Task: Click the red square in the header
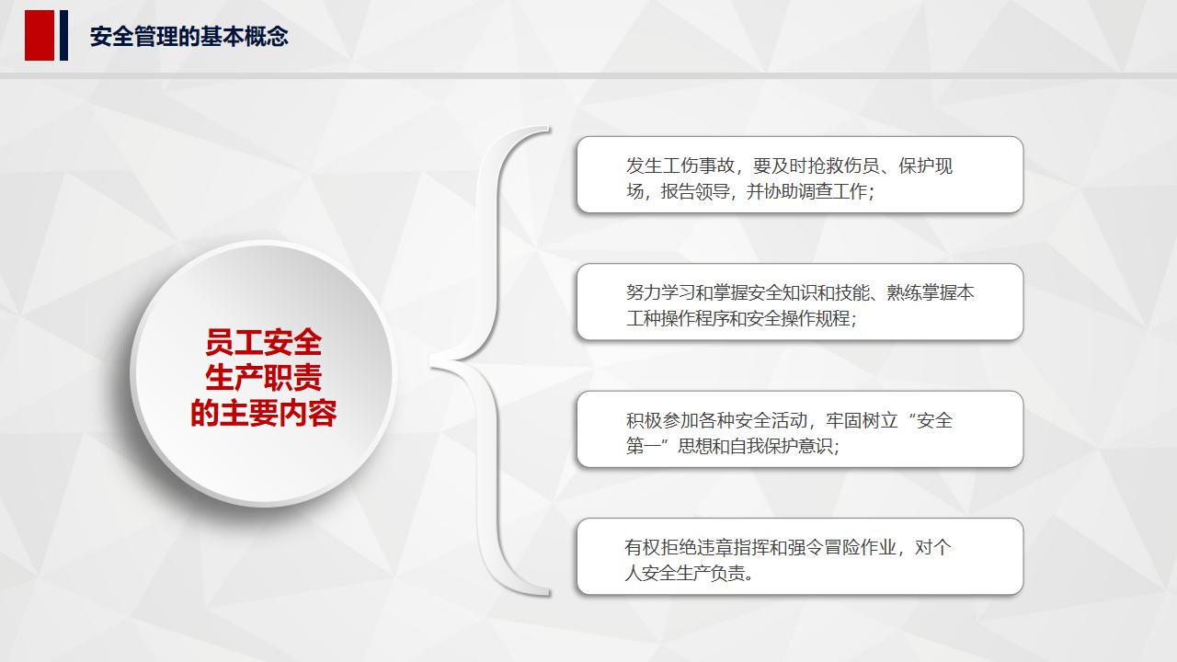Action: pyautogui.click(x=40, y=36)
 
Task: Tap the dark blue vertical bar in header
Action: pyautogui.click(x=64, y=36)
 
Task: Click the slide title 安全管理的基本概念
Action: pyautogui.click(x=189, y=37)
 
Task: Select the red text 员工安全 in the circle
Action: pyautogui.click(x=263, y=343)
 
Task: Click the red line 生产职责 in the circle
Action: pyautogui.click(x=263, y=378)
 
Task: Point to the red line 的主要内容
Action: pyautogui.click(x=263, y=413)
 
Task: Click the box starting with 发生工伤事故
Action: pyautogui.click(x=799, y=175)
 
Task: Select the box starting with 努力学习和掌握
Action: pyautogui.click(x=799, y=302)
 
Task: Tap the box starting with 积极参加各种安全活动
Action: pyautogui.click(x=799, y=429)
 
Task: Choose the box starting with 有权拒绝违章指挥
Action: pyautogui.click(x=799, y=556)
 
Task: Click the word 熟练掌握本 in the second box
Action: pyautogui.click(x=931, y=293)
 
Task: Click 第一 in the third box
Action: pyautogui.click(x=645, y=447)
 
